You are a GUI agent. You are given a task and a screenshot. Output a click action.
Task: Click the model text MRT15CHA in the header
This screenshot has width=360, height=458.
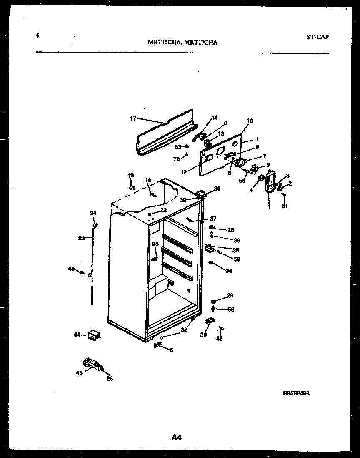pyautogui.click(x=164, y=42)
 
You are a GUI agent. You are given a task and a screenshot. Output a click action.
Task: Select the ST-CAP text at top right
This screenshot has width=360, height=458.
pyautogui.click(x=317, y=37)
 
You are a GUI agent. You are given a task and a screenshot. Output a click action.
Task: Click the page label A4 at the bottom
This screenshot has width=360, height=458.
pyautogui.click(x=177, y=438)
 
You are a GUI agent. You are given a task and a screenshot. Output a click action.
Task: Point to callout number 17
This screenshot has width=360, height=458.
pyautogui.click(x=133, y=118)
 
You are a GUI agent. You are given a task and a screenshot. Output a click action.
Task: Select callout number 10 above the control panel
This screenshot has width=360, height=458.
pyautogui.click(x=250, y=121)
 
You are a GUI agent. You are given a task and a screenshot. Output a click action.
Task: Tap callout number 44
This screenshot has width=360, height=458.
pyautogui.click(x=77, y=335)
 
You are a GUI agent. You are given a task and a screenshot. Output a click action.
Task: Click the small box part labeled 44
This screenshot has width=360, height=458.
pyautogui.click(x=95, y=335)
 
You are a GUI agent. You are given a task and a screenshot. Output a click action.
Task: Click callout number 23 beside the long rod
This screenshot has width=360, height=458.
pyautogui.click(x=81, y=238)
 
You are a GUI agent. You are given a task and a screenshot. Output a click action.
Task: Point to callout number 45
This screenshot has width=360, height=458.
pyautogui.click(x=71, y=269)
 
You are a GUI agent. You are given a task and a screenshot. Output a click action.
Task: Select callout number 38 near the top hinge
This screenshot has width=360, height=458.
pyautogui.click(x=217, y=189)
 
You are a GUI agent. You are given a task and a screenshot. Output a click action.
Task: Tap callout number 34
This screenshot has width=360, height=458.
pyautogui.click(x=229, y=271)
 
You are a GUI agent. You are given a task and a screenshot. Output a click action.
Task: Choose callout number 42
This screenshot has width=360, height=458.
pyautogui.click(x=219, y=338)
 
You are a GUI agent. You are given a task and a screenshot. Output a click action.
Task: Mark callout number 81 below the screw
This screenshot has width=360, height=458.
pyautogui.click(x=285, y=206)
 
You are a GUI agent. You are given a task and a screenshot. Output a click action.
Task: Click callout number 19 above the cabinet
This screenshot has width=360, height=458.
pyautogui.click(x=130, y=175)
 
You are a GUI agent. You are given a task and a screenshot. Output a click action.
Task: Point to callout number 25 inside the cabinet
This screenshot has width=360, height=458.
pyautogui.click(x=155, y=244)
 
